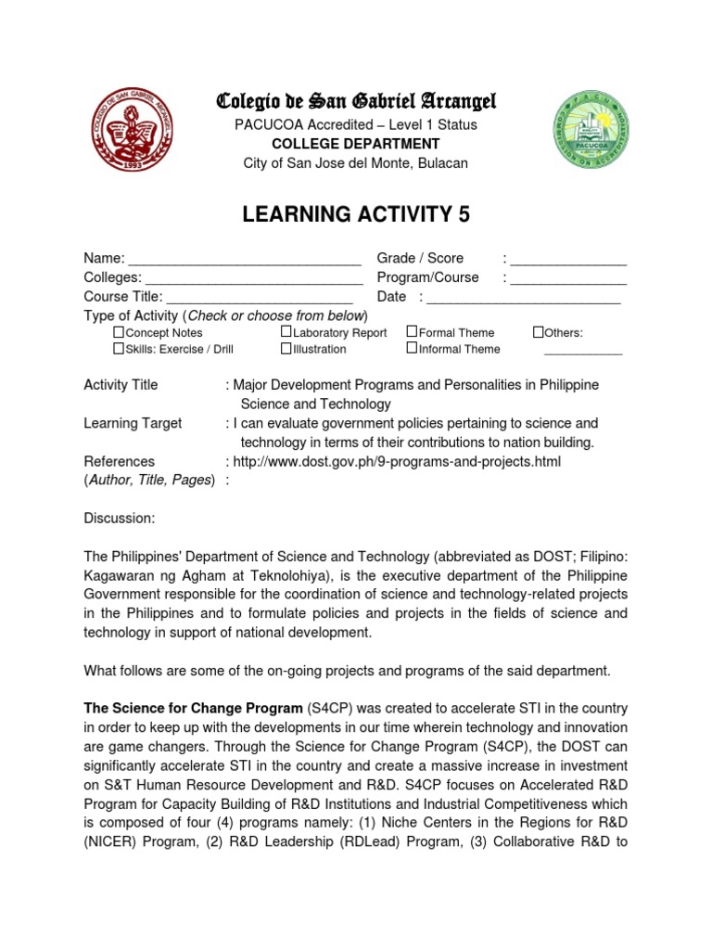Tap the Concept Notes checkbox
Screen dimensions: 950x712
pyautogui.click(x=119, y=332)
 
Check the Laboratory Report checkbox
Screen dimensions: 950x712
pyautogui.click(x=286, y=332)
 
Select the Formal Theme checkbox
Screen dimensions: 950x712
pyautogui.click(x=412, y=332)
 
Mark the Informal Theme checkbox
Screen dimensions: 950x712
pyautogui.click(x=412, y=349)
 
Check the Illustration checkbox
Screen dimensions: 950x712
pyautogui.click(x=286, y=349)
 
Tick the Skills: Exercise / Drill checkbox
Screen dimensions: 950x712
pyautogui.click(x=119, y=349)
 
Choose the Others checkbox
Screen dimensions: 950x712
pyautogui.click(x=538, y=332)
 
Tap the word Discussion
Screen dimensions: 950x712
pyautogui.click(x=120, y=518)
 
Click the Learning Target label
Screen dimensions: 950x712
pyautogui.click(x=133, y=423)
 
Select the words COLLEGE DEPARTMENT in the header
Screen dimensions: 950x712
pyautogui.click(x=356, y=144)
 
